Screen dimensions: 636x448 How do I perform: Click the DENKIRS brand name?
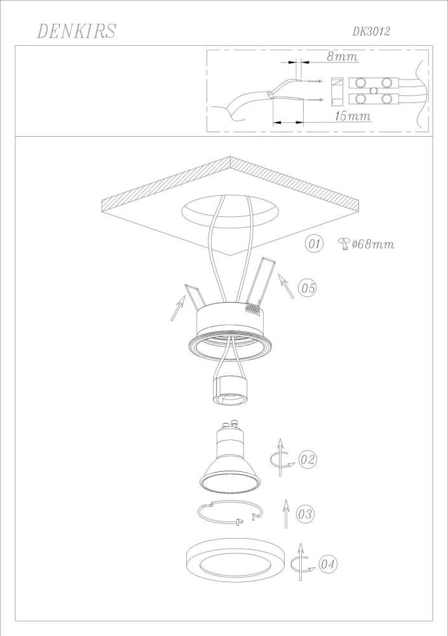click(x=76, y=31)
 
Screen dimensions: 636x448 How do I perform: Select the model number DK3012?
click(x=371, y=31)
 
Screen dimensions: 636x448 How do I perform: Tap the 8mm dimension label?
click(x=342, y=57)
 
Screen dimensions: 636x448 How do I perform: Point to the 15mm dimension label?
click(x=351, y=116)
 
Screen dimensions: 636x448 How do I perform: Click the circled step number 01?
click(x=315, y=244)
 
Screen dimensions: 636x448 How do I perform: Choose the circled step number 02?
click(x=308, y=459)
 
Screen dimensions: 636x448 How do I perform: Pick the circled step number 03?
click(x=305, y=514)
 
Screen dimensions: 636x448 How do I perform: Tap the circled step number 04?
click(x=328, y=563)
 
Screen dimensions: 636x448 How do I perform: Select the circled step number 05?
click(x=308, y=288)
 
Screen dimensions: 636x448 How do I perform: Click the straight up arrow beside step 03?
click(x=286, y=513)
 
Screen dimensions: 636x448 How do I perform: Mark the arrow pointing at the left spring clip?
click(x=177, y=310)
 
